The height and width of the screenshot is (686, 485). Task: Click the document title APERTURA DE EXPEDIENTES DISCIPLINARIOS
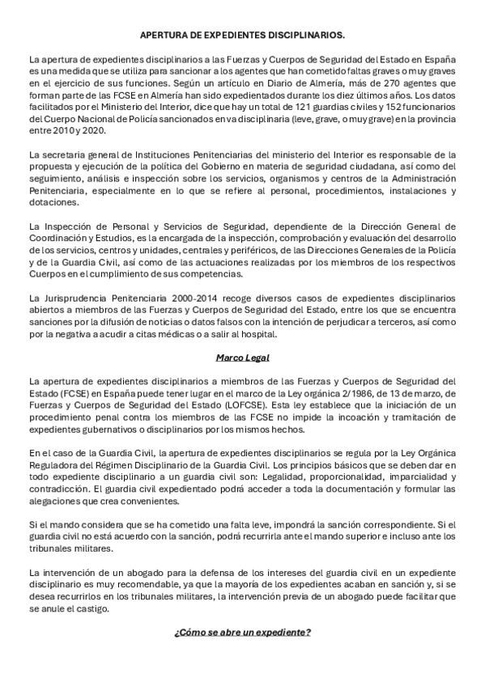(242, 36)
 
